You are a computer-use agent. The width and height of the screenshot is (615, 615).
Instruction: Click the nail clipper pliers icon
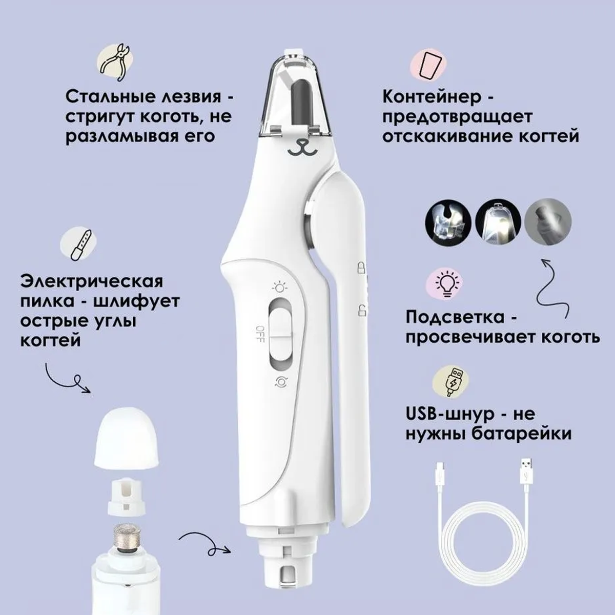coord(116,63)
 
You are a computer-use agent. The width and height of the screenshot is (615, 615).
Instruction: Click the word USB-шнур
coord(449,414)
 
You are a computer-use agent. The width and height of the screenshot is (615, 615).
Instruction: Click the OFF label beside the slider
coord(259,334)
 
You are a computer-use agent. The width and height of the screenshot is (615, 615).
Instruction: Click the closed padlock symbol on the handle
coord(361,267)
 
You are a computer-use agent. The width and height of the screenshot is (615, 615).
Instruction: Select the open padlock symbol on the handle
coord(362,310)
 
